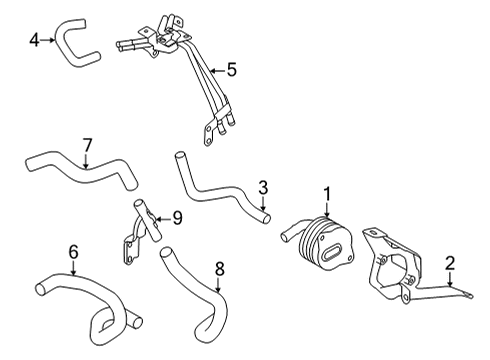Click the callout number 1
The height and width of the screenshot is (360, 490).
[x=325, y=191]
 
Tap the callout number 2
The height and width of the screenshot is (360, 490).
[x=451, y=263]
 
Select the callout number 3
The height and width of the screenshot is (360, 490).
[x=263, y=186]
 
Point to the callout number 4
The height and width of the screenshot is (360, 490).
[x=34, y=41]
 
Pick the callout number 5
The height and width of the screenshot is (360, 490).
[x=231, y=70]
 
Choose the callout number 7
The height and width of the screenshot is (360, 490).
[x=87, y=144]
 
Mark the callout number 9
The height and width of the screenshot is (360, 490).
[x=177, y=216]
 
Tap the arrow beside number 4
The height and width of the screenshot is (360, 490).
[x=50, y=41]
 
